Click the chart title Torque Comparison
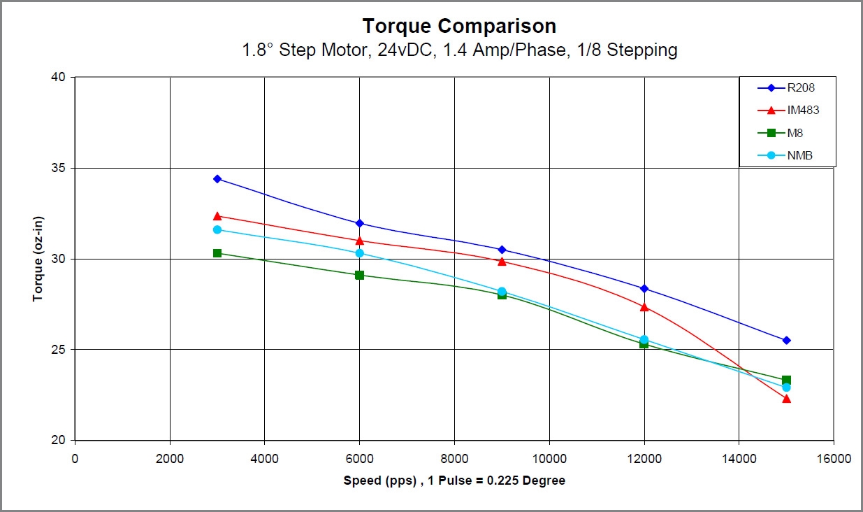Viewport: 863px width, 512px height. (459, 26)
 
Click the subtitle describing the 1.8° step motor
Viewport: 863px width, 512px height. (459, 50)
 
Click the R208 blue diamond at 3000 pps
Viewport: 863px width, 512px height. (217, 179)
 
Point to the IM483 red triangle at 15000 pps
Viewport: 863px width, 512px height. (786, 399)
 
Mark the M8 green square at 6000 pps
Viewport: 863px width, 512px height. (359, 275)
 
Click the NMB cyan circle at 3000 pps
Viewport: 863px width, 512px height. (217, 229)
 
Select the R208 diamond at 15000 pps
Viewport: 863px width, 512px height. (786, 340)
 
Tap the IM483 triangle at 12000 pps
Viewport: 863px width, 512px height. (644, 307)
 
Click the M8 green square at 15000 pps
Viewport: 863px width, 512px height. (786, 380)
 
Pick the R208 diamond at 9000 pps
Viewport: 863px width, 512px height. (502, 250)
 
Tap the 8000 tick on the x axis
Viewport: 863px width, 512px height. (454, 459)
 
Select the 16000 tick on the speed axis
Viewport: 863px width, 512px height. (833, 459)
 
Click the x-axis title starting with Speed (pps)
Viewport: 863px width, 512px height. (454, 481)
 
